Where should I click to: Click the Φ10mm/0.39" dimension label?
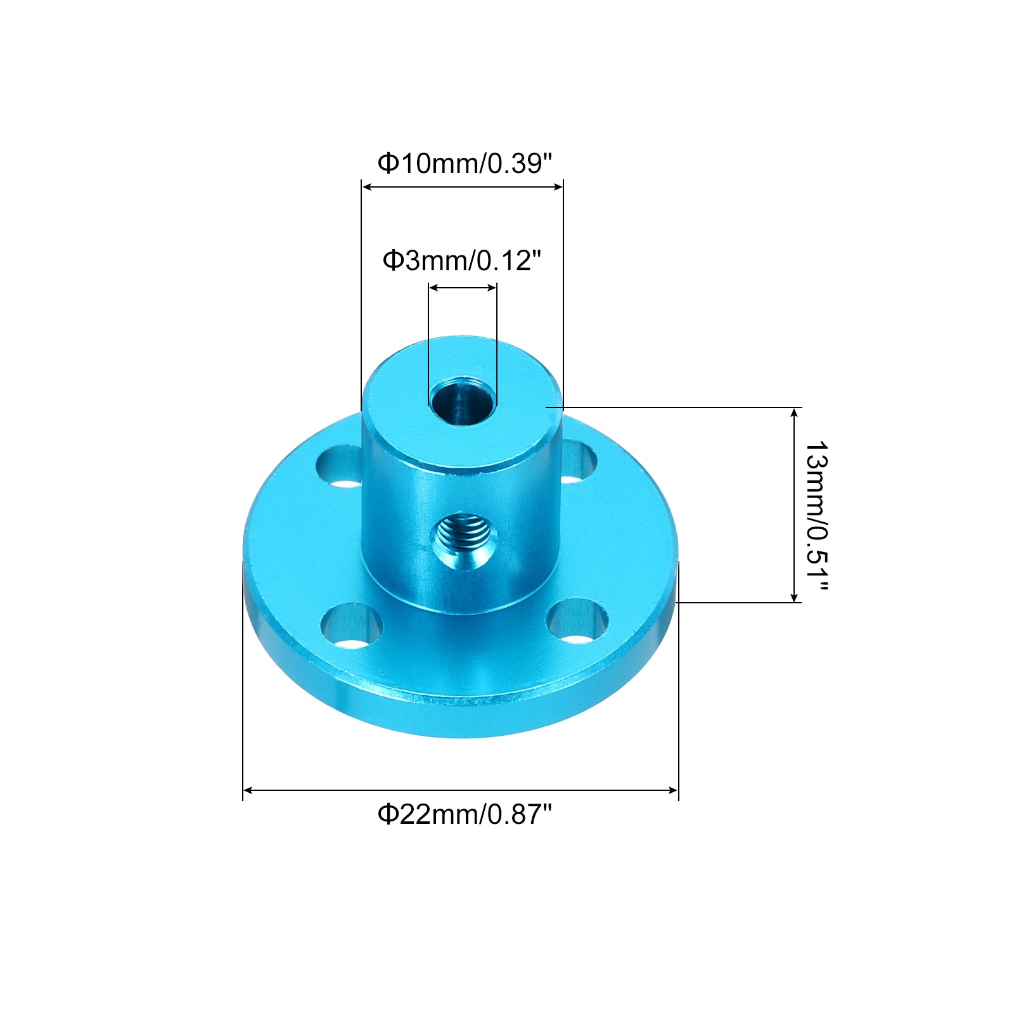coord(465,164)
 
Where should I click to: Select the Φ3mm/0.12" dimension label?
coord(462,260)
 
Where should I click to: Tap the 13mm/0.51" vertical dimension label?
coord(816,516)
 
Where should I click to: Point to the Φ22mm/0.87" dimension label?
coord(465,814)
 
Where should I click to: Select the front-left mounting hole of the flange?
coord(352,626)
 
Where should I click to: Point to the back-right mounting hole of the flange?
coord(578,461)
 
